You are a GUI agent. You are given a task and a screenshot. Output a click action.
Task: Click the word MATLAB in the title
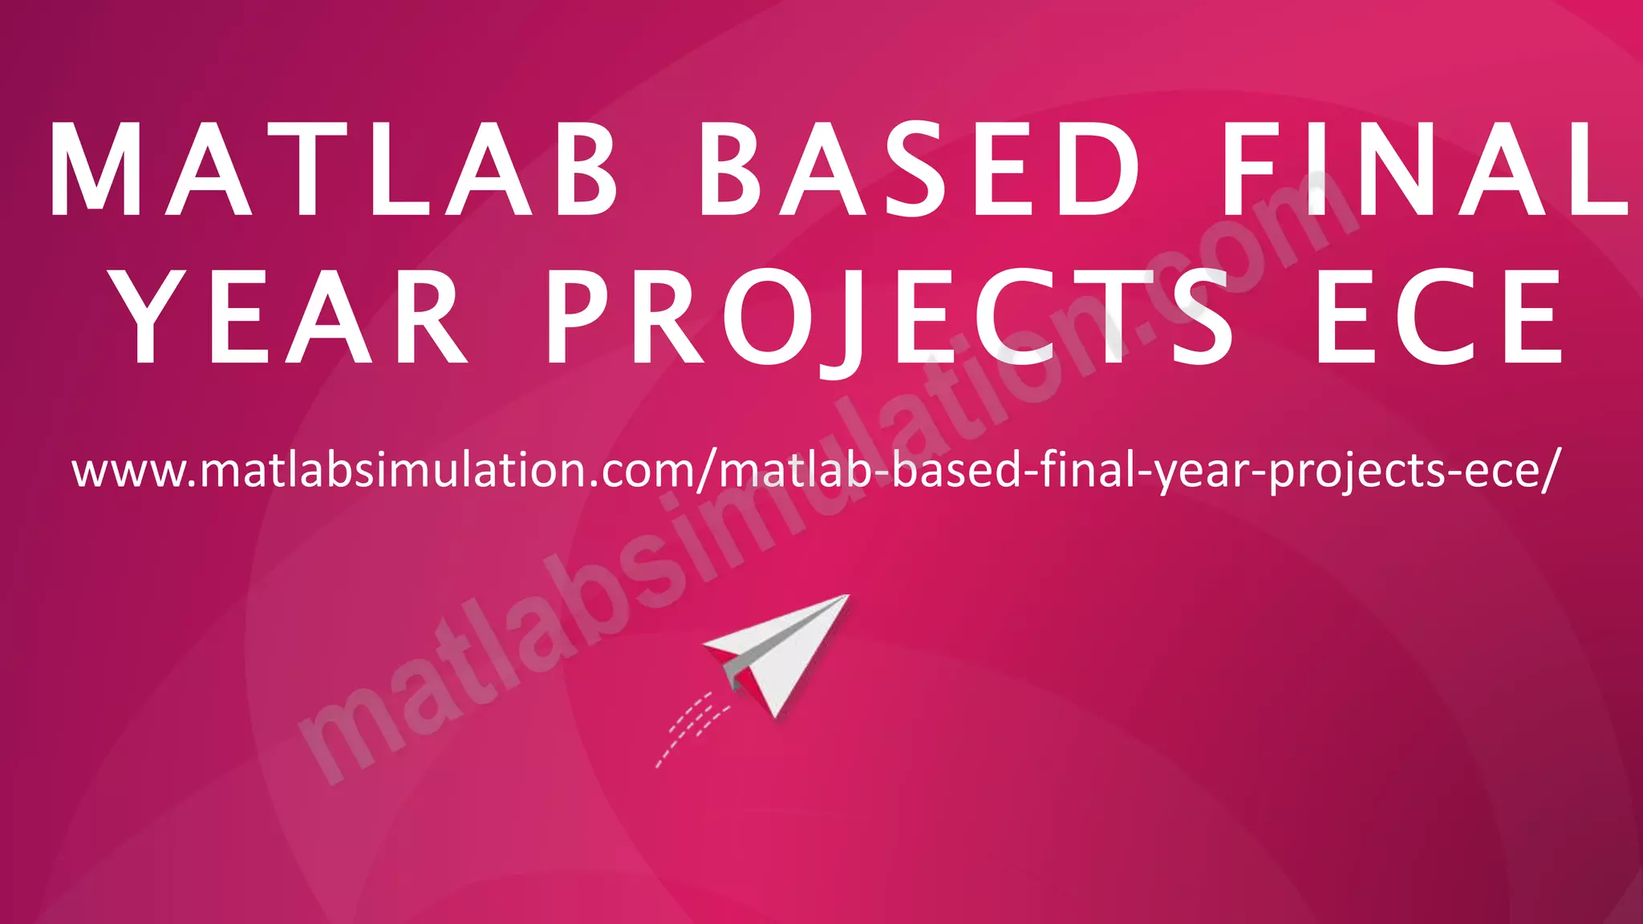click(x=334, y=170)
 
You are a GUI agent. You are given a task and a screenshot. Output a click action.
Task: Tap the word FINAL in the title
click(x=1425, y=170)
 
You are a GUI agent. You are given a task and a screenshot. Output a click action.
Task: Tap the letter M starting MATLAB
click(x=87, y=170)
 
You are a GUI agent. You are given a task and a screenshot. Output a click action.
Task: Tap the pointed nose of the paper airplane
click(x=846, y=597)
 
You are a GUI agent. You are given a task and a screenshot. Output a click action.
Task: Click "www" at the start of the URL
click(x=128, y=472)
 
